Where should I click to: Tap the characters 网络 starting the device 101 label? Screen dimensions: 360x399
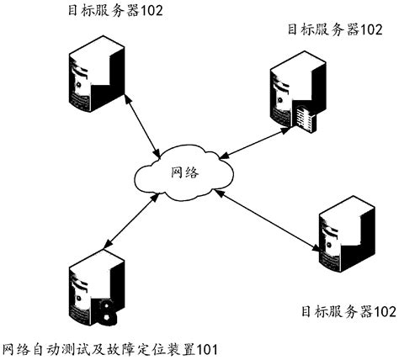tap(17, 347)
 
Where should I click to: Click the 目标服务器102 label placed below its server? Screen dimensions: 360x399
tap(348, 310)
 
